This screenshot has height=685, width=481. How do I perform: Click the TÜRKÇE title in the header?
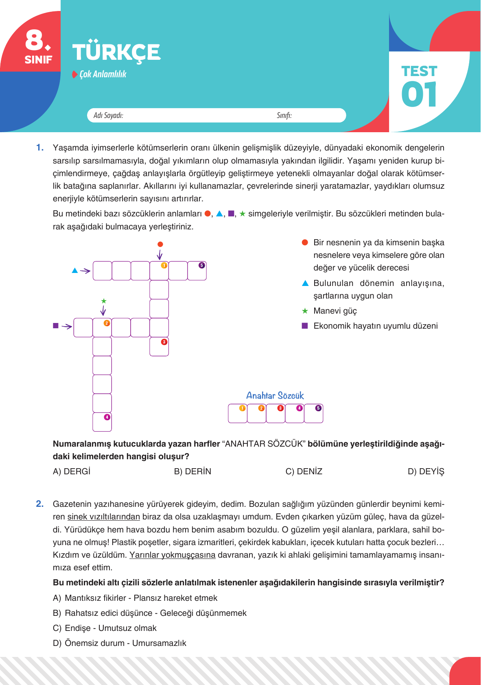(x=116, y=52)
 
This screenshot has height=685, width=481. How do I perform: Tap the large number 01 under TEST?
(x=419, y=94)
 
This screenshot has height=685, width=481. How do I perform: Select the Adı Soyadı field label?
(x=108, y=116)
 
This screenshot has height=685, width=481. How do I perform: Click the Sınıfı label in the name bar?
(x=284, y=116)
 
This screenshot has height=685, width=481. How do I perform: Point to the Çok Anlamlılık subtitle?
(x=103, y=74)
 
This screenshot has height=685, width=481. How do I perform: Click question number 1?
(x=40, y=148)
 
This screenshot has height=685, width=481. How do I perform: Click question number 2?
(x=40, y=504)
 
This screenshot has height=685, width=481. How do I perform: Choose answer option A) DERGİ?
(x=72, y=471)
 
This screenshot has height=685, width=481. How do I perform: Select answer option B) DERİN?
(x=192, y=471)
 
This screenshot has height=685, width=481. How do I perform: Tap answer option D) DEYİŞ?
(x=426, y=471)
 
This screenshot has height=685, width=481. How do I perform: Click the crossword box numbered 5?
(x=197, y=271)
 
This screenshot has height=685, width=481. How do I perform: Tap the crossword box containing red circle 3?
(x=159, y=347)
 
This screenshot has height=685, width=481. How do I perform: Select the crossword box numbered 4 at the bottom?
(x=102, y=422)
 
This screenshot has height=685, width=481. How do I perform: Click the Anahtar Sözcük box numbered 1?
(x=238, y=413)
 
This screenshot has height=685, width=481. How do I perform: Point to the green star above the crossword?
(x=104, y=301)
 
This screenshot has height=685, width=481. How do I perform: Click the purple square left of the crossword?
(x=56, y=326)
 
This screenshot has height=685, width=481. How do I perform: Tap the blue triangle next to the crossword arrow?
(x=75, y=271)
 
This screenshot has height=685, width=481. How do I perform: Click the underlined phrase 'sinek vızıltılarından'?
(x=103, y=517)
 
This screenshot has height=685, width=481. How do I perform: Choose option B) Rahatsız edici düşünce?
(x=150, y=613)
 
